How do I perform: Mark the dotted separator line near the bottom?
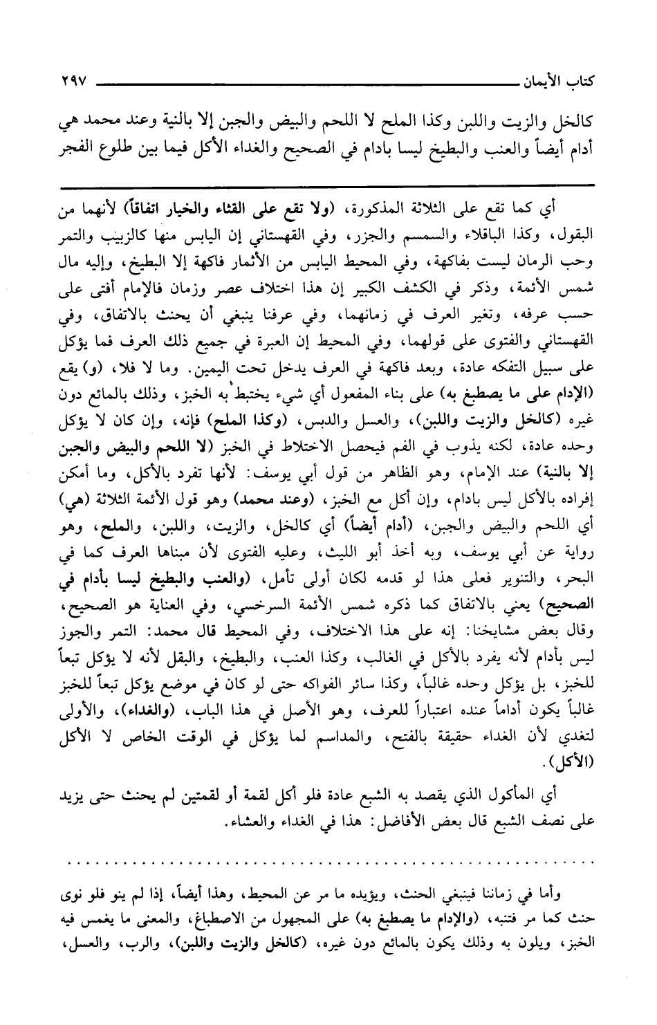point(326,863)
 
